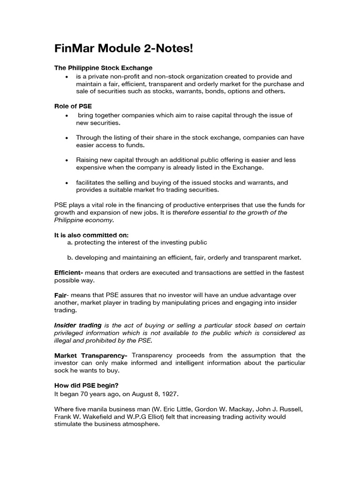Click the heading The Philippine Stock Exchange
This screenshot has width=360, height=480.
click(x=104, y=68)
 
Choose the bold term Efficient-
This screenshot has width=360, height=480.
click(x=69, y=273)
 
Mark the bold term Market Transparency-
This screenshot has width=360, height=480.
click(x=91, y=355)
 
